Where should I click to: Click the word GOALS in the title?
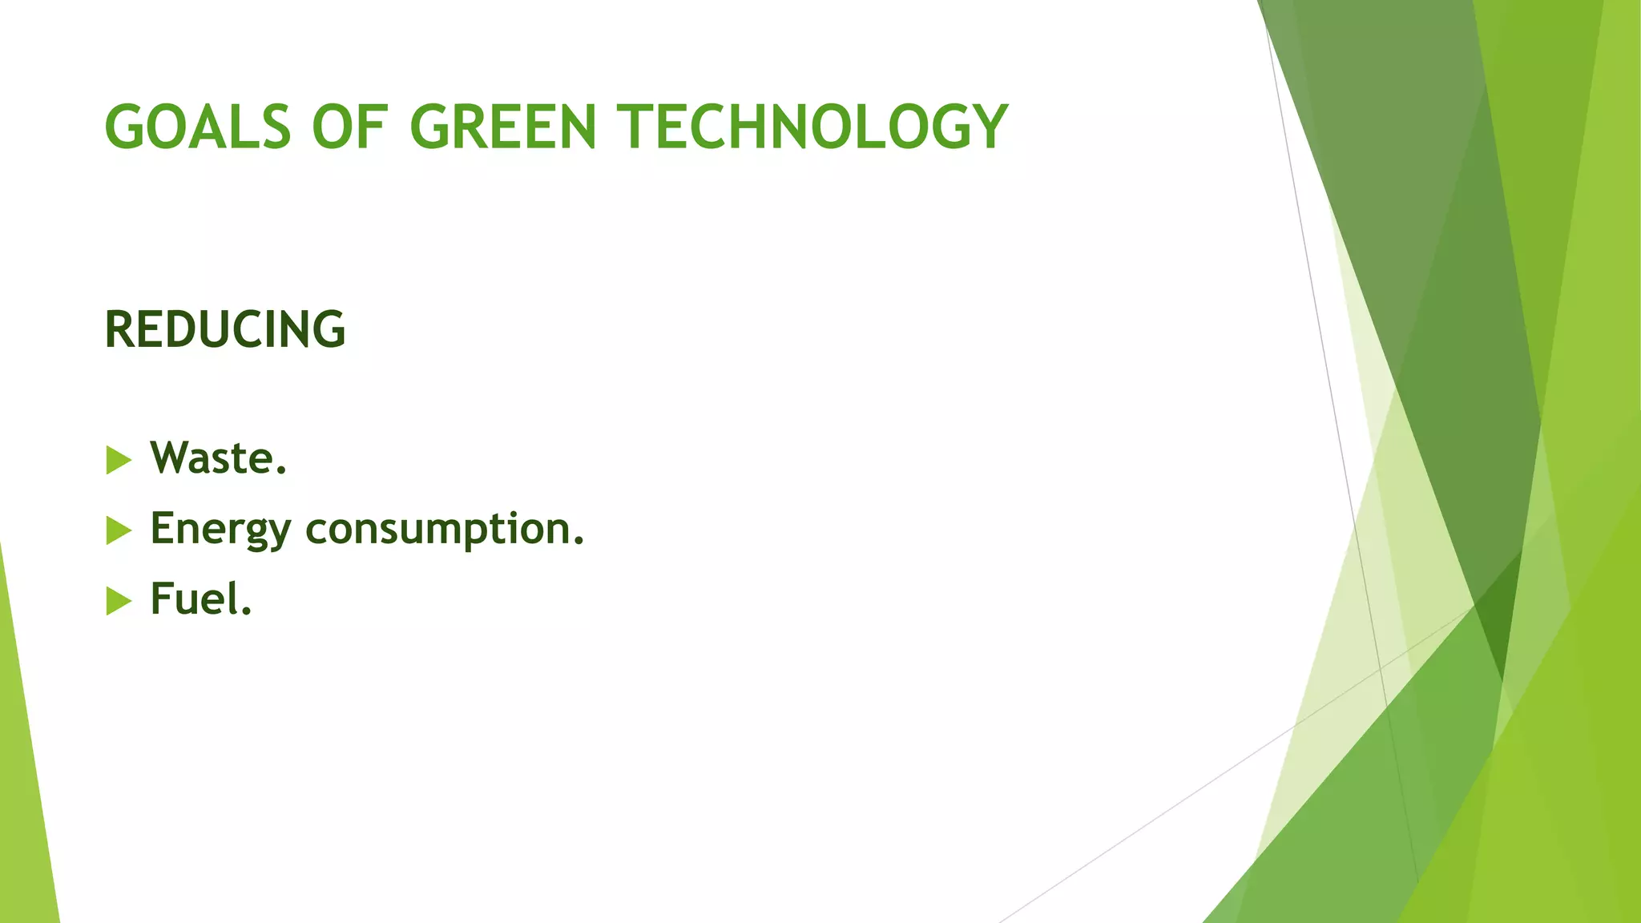click(x=197, y=127)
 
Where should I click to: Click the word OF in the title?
click(x=350, y=127)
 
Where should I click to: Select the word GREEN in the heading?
click(x=503, y=127)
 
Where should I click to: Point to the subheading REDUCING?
click(x=225, y=329)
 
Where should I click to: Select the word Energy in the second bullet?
click(x=220, y=530)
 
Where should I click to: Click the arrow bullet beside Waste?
click(x=119, y=461)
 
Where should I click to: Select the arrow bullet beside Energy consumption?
click(x=119, y=530)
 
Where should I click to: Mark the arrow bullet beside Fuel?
click(x=119, y=601)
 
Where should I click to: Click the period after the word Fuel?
click(x=246, y=613)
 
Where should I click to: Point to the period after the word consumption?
click(x=579, y=542)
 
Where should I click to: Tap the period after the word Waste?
click(x=280, y=472)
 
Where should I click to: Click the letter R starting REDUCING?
click(x=119, y=329)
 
